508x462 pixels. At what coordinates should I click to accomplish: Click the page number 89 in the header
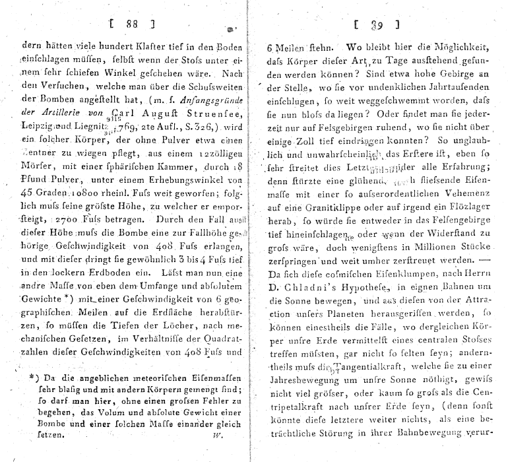click(377, 26)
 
